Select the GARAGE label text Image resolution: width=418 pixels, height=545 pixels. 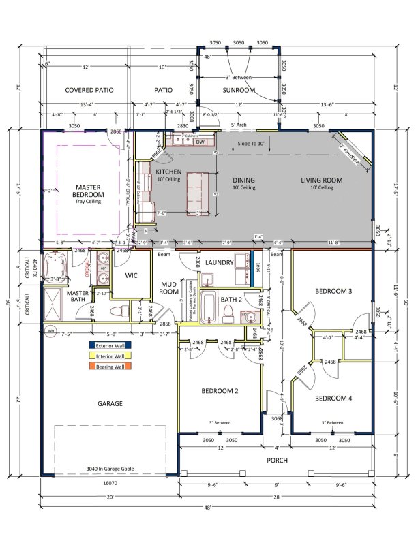click(x=109, y=403)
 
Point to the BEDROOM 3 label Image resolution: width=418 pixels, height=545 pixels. click(x=333, y=291)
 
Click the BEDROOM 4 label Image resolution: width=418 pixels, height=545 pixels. click(x=333, y=397)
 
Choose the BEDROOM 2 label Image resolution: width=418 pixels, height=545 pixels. click(x=220, y=391)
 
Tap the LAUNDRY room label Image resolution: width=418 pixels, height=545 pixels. click(x=219, y=262)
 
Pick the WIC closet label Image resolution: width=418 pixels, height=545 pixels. click(x=132, y=276)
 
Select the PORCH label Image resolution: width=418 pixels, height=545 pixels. click(x=276, y=461)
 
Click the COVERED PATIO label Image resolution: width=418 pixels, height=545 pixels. click(x=89, y=90)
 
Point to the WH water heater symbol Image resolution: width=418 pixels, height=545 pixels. click(x=49, y=332)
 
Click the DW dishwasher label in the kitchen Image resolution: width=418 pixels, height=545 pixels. click(x=200, y=142)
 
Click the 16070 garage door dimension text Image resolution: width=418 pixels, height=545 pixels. click(x=109, y=482)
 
